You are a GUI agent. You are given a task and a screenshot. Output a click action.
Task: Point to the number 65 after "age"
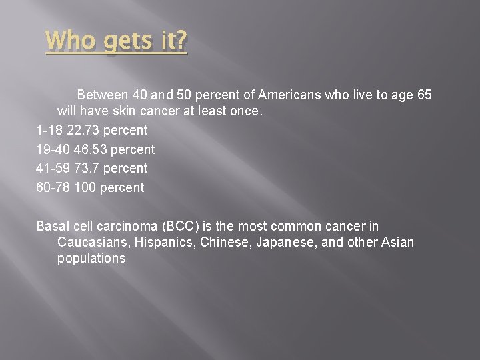click(x=424, y=95)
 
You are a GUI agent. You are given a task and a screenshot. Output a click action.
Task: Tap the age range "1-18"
click(x=50, y=130)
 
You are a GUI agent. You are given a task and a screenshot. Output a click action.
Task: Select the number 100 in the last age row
click(x=85, y=187)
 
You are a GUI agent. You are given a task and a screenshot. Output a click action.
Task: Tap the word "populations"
click(x=91, y=259)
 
